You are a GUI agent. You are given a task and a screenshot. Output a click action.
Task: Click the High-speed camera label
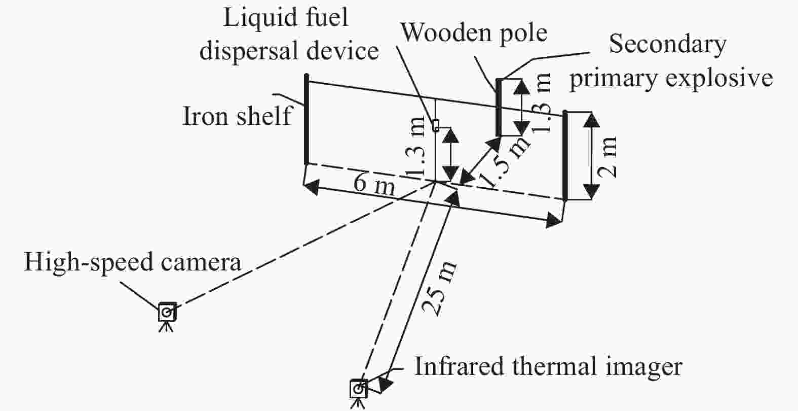pyautogui.click(x=132, y=263)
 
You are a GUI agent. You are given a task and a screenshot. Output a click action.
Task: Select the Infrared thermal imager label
pyautogui.click(x=548, y=366)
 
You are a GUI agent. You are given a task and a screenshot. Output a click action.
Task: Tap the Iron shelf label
pyautogui.click(x=237, y=116)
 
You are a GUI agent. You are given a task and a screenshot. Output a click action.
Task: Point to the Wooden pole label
pyautogui.click(x=474, y=32)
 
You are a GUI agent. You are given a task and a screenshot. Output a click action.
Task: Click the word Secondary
pyautogui.click(x=667, y=45)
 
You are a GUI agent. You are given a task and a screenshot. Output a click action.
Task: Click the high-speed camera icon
pyautogui.click(x=167, y=313)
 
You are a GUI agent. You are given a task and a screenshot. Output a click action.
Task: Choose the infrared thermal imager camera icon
pyautogui.click(x=358, y=389)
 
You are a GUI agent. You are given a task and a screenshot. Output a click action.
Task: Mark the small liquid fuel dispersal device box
pyautogui.click(x=435, y=125)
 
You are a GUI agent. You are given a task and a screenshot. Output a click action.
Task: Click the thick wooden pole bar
pyautogui.click(x=499, y=107)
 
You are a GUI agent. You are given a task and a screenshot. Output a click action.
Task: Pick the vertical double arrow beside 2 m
pyautogui.click(x=590, y=156)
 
